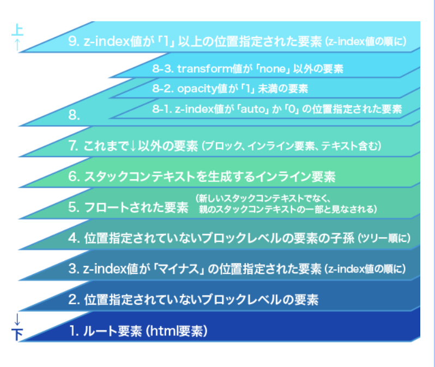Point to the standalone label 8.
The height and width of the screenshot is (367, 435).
pos(74,115)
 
